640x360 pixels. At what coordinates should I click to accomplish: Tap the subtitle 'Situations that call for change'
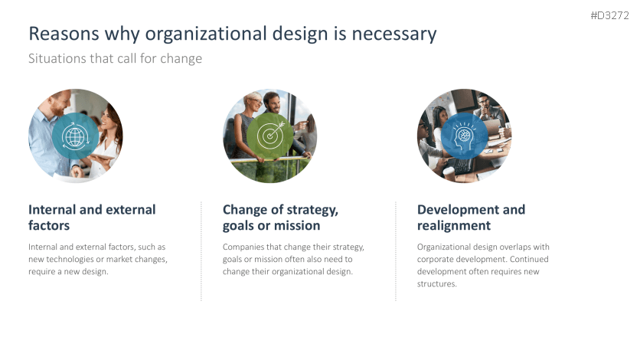point(115,58)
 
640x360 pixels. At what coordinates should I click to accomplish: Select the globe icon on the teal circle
point(75,137)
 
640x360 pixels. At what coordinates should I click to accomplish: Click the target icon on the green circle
point(269,136)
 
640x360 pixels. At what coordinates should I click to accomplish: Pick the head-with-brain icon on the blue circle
point(464,136)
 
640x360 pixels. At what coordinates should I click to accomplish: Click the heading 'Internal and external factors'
point(91,218)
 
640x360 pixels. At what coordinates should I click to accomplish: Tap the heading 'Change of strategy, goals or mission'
point(280,218)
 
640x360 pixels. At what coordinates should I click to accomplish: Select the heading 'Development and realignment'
point(471,218)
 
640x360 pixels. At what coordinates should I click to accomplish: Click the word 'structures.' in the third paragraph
point(437,283)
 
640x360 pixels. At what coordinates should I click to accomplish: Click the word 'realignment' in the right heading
point(454,226)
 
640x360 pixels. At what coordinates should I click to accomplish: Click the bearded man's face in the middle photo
point(272,102)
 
